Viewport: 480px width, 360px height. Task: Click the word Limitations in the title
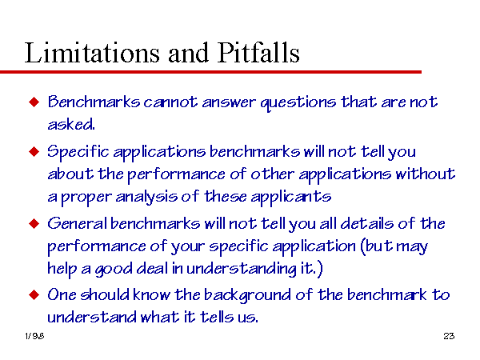coord(92,53)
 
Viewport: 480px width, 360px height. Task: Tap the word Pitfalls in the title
coord(258,53)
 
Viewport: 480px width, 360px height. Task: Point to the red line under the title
coord(210,72)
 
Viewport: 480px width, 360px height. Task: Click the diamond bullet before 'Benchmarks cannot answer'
coord(34,102)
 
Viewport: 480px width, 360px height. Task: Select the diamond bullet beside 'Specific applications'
coord(34,151)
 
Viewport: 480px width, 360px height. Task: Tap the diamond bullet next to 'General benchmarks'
coord(34,223)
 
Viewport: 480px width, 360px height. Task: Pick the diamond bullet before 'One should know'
coord(34,294)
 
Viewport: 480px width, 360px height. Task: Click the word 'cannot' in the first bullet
coord(170,102)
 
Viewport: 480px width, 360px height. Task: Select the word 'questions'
coord(298,103)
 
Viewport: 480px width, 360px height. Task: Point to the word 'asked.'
coord(71,124)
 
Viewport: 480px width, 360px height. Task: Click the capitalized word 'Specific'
coord(78,152)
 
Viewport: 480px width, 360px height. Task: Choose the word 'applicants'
coord(291,197)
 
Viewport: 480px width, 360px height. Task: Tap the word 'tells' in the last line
coord(217,317)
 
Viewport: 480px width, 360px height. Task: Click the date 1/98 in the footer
coord(34,336)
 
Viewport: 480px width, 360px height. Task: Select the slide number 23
coord(449,336)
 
